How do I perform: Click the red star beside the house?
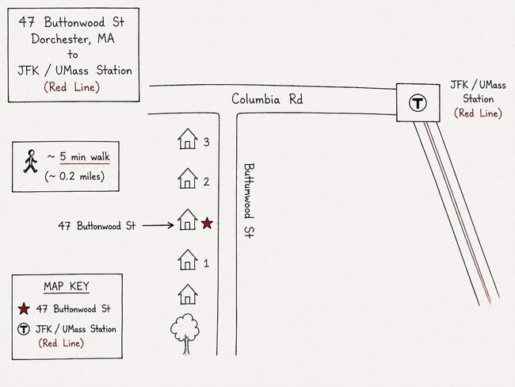pos(207,224)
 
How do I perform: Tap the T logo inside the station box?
pos(418,103)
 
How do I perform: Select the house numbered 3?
pos(188,139)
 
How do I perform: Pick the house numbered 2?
pos(188,178)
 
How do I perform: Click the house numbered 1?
pos(188,260)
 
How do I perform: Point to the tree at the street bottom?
pos(185,334)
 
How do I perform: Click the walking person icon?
pos(31,161)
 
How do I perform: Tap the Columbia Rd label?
pos(267,99)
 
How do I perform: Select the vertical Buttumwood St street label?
pos(249,201)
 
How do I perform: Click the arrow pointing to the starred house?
pos(158,225)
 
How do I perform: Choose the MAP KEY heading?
pos(67,286)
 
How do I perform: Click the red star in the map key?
pos(24,308)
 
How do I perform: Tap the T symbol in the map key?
pos(24,329)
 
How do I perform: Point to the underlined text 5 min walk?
pos(85,157)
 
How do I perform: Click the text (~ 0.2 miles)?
pos(74,177)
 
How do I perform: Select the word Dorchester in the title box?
pos(59,39)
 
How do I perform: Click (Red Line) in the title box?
pos(71,87)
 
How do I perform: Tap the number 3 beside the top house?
pos(206,142)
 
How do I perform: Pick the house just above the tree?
pos(188,294)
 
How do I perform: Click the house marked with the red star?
pos(188,220)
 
